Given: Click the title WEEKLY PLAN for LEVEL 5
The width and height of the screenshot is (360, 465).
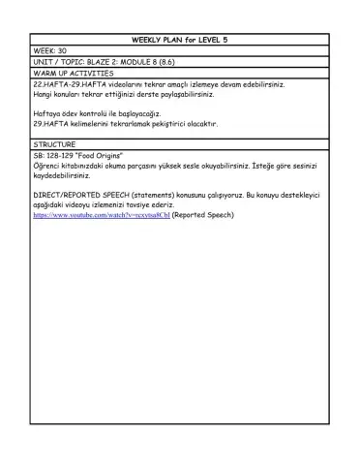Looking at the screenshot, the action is pyautogui.click(x=180, y=39).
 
